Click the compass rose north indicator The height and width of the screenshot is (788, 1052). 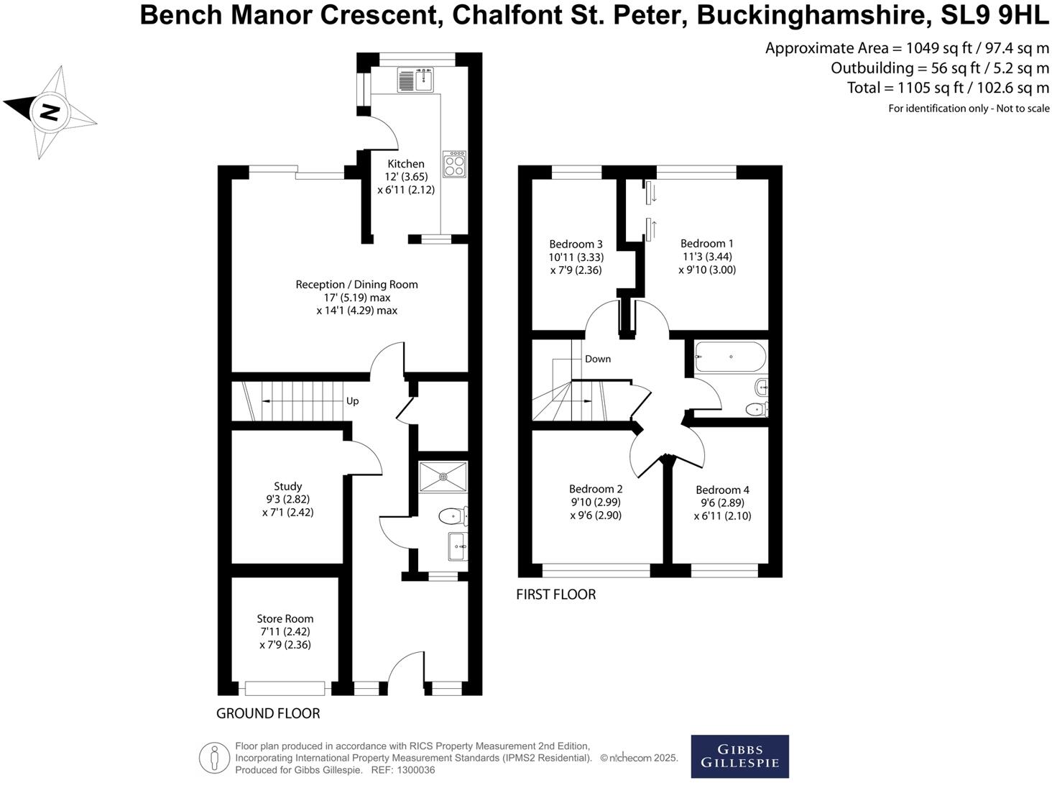click(49, 112)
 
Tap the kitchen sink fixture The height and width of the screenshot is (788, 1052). click(415, 79)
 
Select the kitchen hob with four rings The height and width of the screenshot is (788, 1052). click(454, 164)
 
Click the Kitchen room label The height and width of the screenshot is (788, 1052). click(406, 164)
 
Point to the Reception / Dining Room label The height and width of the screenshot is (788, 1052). click(356, 285)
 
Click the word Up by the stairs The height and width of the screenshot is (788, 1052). click(352, 401)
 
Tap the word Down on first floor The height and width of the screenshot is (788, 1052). click(597, 359)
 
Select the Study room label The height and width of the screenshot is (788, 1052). click(287, 487)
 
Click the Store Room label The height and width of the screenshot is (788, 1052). click(285, 619)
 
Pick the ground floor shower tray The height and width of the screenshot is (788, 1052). click(443, 477)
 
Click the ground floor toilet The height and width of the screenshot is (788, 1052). click(452, 516)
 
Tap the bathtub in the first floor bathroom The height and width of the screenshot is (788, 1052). click(730, 357)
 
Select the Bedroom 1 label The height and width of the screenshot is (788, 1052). click(706, 244)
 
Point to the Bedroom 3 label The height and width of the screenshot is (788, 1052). click(576, 244)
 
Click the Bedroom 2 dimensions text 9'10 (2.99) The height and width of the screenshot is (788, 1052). click(595, 503)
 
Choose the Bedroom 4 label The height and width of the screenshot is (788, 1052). click(722, 490)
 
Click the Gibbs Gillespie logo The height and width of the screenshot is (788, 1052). click(739, 756)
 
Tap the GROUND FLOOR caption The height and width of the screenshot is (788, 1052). click(268, 714)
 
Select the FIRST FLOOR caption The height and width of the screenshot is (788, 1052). click(555, 595)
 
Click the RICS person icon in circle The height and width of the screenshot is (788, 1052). click(213, 758)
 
